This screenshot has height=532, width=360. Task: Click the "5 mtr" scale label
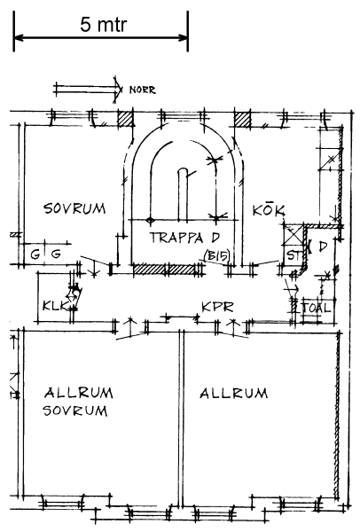coord(104,25)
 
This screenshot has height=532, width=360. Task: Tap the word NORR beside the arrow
coord(143,90)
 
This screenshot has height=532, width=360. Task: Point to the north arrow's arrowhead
coord(118,90)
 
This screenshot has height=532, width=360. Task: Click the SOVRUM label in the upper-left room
coord(74,208)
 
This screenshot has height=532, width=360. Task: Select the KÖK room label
coord(269,210)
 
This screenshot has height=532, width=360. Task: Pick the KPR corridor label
coord(218,308)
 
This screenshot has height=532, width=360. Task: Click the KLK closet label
coord(55,305)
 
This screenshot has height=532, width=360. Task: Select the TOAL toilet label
coord(317,308)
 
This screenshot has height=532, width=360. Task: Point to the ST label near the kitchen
coord(293,255)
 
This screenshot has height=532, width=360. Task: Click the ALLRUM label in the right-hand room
coord(234,394)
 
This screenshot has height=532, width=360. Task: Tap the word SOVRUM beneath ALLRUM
coord(75,411)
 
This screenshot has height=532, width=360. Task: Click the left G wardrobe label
coord(35,254)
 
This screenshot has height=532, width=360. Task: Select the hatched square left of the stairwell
coord(125,119)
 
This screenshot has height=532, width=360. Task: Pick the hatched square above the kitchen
coord(243,120)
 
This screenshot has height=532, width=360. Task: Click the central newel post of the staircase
coord(183,194)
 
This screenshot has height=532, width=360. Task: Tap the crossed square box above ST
coord(293,234)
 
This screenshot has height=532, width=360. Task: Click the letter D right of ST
coord(323,246)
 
